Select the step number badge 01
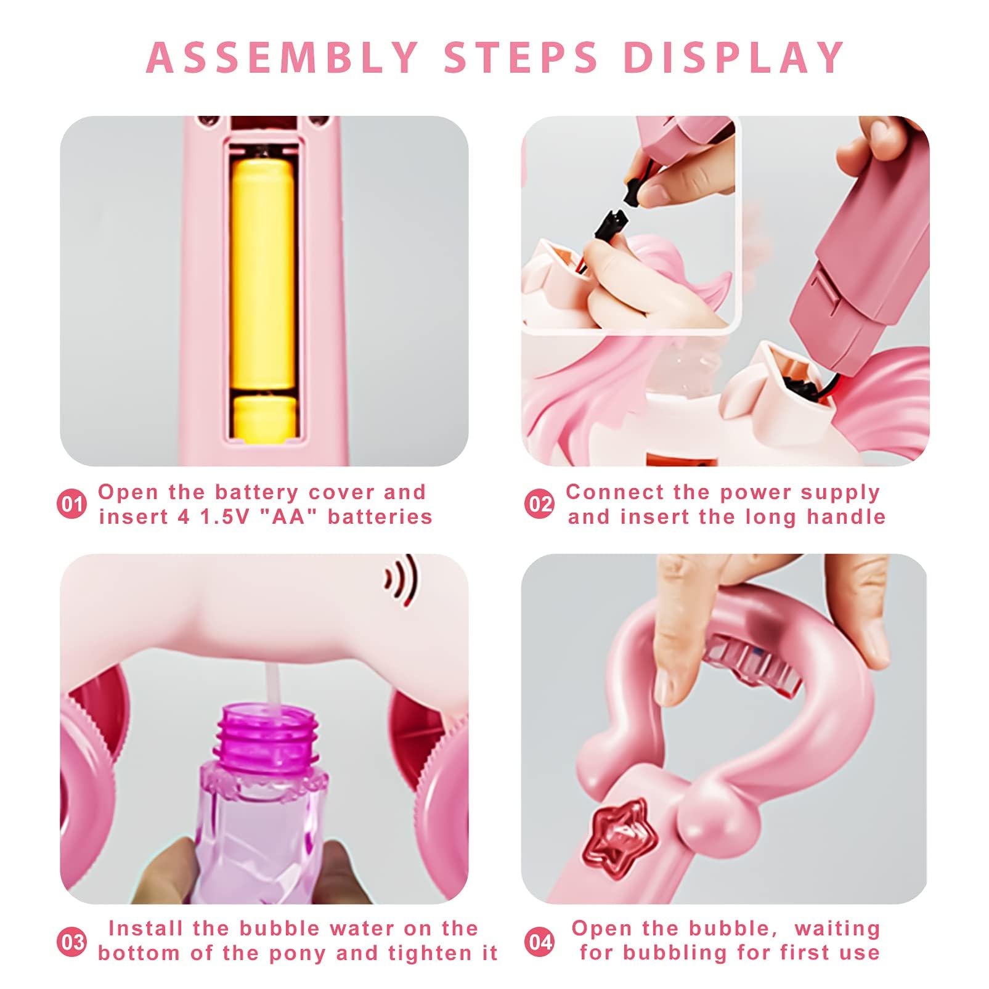point(72,505)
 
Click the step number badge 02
point(539,505)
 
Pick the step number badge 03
point(72,942)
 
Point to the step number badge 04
point(539,942)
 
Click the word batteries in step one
point(380,516)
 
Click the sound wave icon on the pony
point(401,580)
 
